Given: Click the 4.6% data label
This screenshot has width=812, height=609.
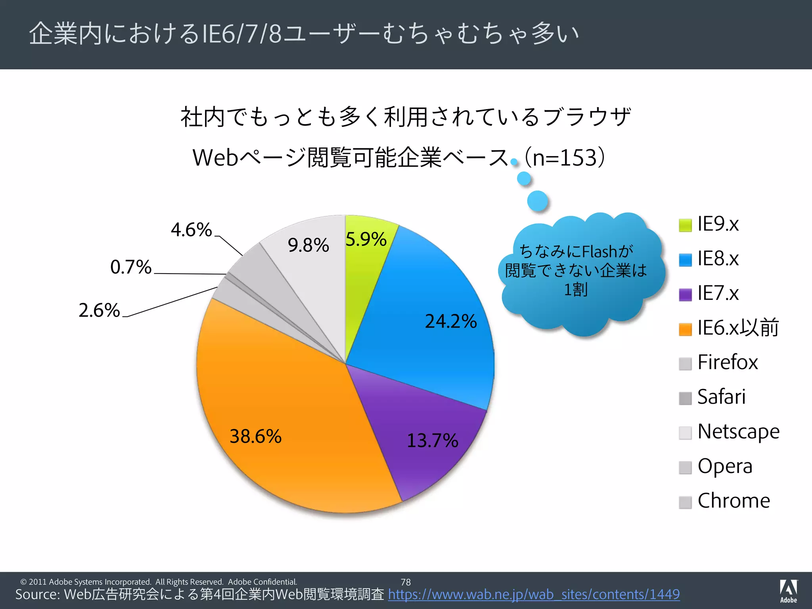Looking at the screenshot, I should (191, 230).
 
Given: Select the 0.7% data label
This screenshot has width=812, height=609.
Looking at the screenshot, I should (131, 267).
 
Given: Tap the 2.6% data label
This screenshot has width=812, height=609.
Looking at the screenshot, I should (99, 310).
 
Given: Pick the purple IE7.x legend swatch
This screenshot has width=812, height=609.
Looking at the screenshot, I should (685, 295).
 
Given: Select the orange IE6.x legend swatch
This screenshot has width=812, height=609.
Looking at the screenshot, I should (685, 329).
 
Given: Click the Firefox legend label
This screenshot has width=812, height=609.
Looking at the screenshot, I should (728, 362).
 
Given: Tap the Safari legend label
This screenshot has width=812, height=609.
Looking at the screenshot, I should (721, 396).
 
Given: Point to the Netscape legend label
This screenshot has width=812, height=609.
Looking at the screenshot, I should (738, 431).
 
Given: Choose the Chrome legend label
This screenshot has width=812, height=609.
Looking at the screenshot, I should (733, 501).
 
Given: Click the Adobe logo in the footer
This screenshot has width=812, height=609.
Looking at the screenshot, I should (788, 591).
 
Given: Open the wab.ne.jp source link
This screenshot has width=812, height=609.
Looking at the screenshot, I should (534, 594).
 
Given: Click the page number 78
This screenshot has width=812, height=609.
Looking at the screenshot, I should (406, 582).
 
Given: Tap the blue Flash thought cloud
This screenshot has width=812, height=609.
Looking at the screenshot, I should (579, 274).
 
